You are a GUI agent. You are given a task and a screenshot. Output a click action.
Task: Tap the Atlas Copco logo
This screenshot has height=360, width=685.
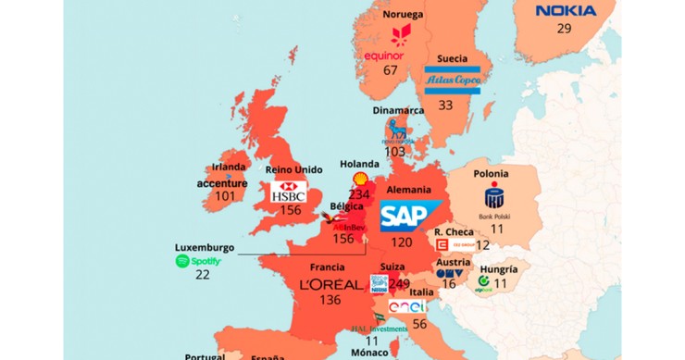point(454,81)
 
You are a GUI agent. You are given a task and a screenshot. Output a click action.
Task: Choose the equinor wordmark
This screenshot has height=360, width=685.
point(384,55)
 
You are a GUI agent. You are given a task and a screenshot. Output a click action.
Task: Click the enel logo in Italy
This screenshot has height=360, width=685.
point(406,306)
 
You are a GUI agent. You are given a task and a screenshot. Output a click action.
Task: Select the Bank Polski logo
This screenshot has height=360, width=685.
point(494,200)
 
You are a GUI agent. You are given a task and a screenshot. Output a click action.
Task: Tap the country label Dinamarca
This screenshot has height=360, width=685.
point(398,109)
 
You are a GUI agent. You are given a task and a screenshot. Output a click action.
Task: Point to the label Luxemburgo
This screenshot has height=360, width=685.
point(204,247)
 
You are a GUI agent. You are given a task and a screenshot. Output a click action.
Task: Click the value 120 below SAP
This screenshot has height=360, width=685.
point(401,242)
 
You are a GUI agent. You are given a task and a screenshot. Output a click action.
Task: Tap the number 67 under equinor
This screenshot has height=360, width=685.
point(391,69)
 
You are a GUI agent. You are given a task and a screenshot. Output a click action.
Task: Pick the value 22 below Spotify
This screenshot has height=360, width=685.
point(202,275)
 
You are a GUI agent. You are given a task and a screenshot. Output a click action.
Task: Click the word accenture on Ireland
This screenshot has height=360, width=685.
point(222,182)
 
